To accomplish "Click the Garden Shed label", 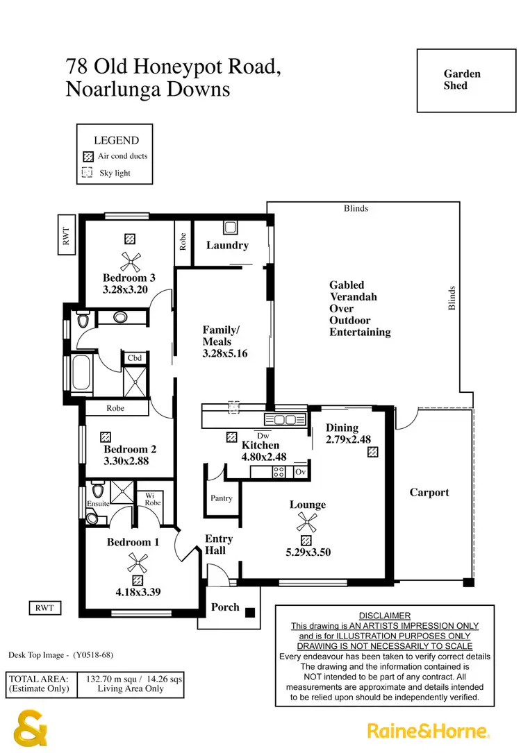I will (x=462, y=80).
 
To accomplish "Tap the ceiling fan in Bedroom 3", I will (x=130, y=261).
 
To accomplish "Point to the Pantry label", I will (x=221, y=498).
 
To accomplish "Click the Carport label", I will (x=429, y=492).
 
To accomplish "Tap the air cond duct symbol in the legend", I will (x=88, y=156).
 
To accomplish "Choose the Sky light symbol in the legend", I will (x=88, y=173).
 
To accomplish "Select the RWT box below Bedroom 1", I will (x=44, y=608).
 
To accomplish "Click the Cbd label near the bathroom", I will (x=135, y=358).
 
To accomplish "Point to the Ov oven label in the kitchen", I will (x=300, y=472).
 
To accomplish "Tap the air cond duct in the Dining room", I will (x=373, y=452).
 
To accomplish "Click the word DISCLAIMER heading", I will (x=384, y=616).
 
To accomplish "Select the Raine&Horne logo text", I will (x=429, y=731).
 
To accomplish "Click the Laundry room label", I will (x=227, y=245).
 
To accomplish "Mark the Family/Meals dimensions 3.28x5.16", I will (x=225, y=353).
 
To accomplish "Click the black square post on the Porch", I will (x=250, y=613).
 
